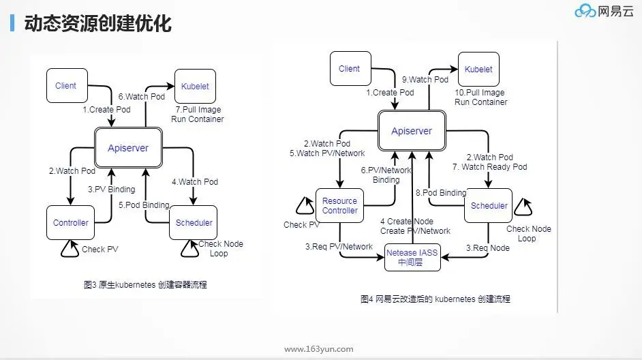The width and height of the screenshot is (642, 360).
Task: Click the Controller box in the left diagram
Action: pos(71,223)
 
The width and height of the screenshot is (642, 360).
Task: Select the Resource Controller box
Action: pos(339,206)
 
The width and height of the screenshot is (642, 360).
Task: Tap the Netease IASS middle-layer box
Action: pos(412,257)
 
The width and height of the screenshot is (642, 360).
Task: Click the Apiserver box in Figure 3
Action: pos(128,148)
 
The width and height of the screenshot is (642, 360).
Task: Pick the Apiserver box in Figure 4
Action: pos(412,131)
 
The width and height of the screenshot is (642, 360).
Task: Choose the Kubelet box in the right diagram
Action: pos(478,69)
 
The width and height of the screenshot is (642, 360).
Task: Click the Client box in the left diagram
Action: pos(66,86)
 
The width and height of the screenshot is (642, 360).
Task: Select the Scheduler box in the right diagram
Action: pos(489,205)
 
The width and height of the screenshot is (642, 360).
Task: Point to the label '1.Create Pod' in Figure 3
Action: pos(106,109)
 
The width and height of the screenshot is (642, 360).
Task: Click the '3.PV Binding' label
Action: pos(111,190)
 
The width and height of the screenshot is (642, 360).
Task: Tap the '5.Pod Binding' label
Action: pos(143,205)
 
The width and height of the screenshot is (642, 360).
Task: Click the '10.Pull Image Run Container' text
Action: pos(481,97)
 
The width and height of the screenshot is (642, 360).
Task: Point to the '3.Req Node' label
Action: pos(487,248)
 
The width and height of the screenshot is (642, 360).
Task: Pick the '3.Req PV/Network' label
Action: pos(339,246)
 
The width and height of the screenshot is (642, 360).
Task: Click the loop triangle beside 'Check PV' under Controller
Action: pos(70,249)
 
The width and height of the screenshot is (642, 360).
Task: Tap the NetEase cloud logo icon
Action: pos(585,12)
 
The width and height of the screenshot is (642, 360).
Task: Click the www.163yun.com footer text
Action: pos(318,349)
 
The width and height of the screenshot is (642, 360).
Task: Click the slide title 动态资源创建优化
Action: pos(97,24)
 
